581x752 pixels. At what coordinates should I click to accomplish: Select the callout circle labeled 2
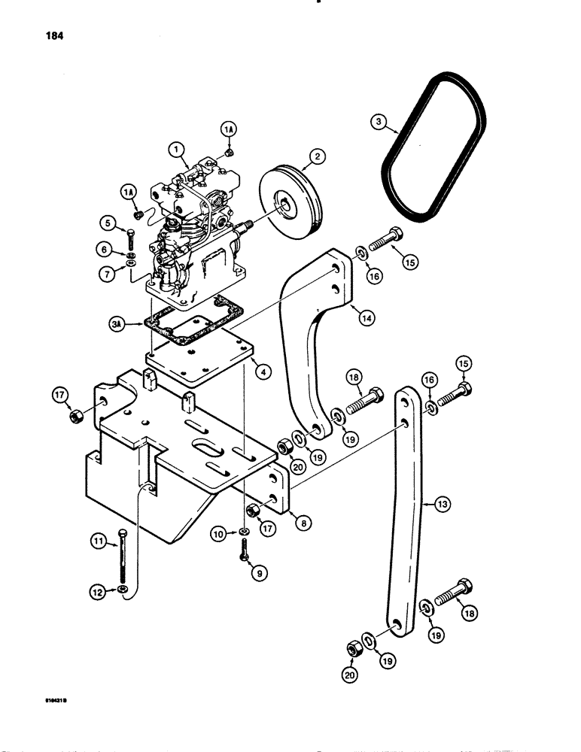pyautogui.click(x=316, y=157)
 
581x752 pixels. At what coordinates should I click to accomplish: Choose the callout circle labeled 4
pyautogui.click(x=260, y=370)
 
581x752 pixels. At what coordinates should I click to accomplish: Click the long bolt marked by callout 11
pyautogui.click(x=123, y=556)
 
